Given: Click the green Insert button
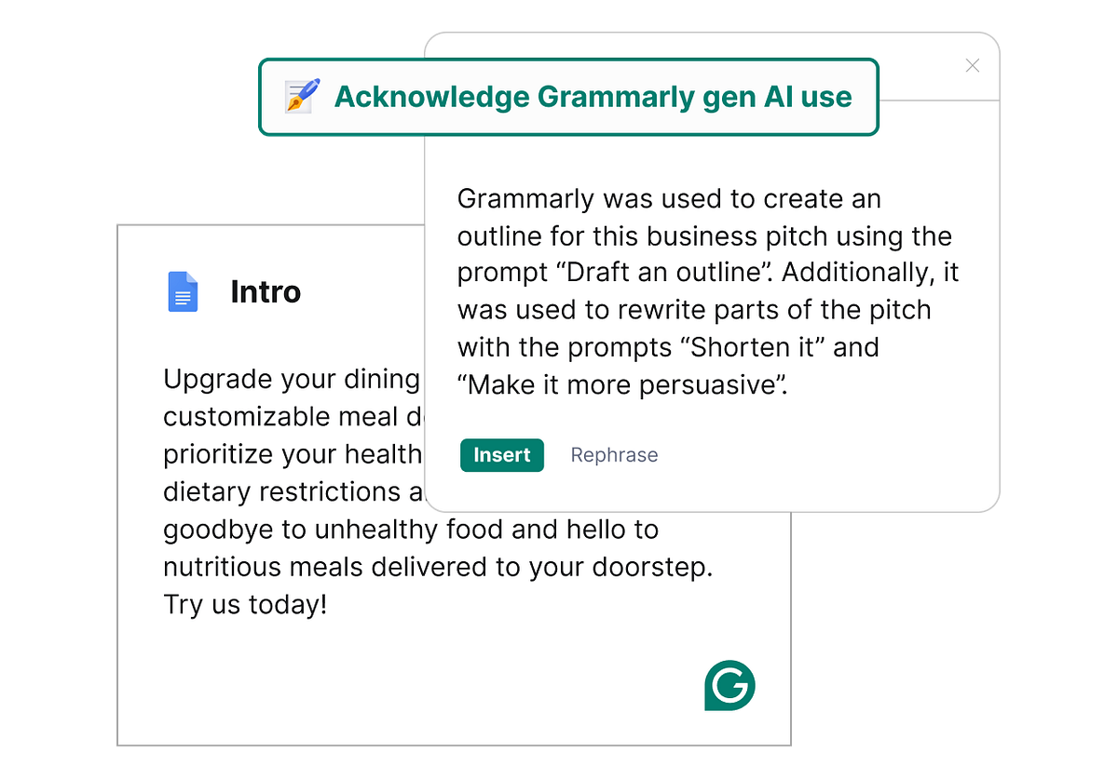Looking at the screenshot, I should pyautogui.click(x=501, y=455).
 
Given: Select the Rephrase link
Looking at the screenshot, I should pyautogui.click(x=614, y=455).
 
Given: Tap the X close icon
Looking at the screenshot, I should pyautogui.click(x=973, y=65).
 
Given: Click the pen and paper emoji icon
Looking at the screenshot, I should pyautogui.click(x=303, y=97).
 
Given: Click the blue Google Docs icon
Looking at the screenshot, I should pyautogui.click(x=183, y=291).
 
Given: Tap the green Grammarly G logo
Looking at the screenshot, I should pyautogui.click(x=729, y=687).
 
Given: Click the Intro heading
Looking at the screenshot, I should pyautogui.click(x=266, y=292).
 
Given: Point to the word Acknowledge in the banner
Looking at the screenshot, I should pyautogui.click(x=431, y=97).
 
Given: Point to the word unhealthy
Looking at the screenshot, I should pyautogui.click(x=359, y=530).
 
